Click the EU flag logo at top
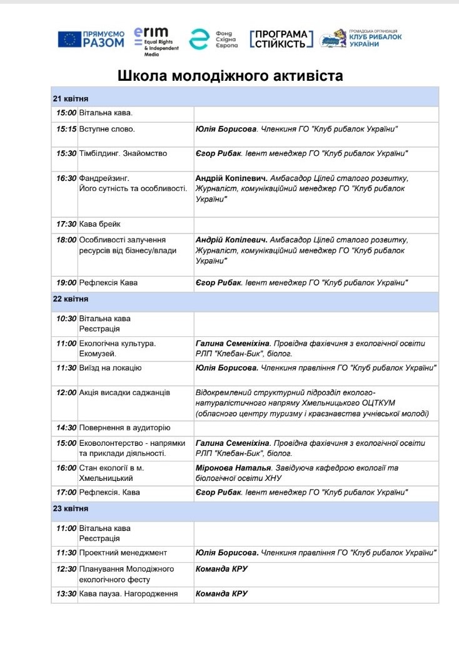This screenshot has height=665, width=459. [x=69, y=39]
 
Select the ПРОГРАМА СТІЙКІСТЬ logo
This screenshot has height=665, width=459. [x=281, y=39]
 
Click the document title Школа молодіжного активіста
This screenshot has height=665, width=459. [x=231, y=76]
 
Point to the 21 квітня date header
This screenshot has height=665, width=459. [x=71, y=99]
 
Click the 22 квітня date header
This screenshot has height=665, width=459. [x=71, y=299]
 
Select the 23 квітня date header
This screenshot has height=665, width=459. [x=71, y=508]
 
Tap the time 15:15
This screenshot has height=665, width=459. [x=66, y=129]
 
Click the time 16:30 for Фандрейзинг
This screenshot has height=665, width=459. [x=66, y=178]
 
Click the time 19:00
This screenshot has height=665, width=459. [x=66, y=283]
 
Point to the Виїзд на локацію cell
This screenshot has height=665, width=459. [x=110, y=368]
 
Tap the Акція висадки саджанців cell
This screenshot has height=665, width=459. [x=124, y=393]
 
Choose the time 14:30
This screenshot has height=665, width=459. [x=66, y=428]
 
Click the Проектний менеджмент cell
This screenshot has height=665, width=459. [x=123, y=553]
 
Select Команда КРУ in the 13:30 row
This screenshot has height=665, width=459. [x=222, y=594]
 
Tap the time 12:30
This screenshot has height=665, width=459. [x=66, y=569]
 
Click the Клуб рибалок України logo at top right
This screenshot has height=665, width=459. [x=360, y=39]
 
